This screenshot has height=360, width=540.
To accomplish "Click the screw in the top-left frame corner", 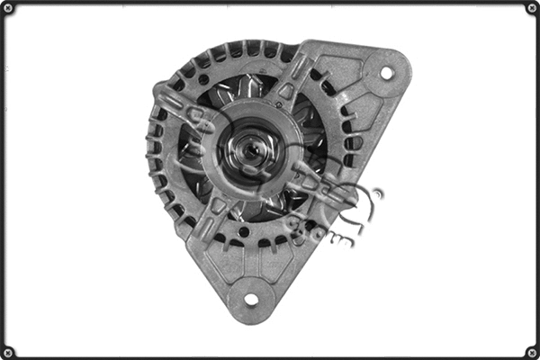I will pos(8,8).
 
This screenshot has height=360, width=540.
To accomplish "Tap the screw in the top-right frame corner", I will pos(531,8).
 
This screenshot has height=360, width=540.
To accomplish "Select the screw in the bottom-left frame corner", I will pos(8,351).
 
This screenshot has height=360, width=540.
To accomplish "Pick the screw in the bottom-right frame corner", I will pos(531,351).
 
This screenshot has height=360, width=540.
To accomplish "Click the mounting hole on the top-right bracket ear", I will pos(386,72).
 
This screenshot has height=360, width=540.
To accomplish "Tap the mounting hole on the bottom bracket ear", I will pos(251,299).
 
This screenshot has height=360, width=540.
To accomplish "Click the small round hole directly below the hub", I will pos(244,231).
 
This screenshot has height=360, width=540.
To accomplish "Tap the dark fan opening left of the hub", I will pos(193,153).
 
